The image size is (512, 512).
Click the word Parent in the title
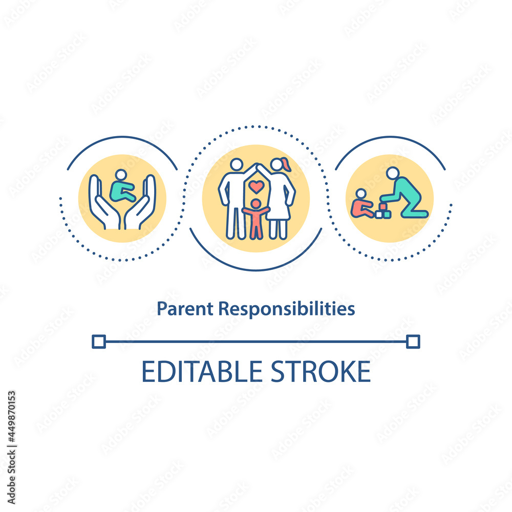pos(185,309)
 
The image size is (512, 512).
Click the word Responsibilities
pos(286,309)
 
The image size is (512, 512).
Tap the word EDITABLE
pos(202,372)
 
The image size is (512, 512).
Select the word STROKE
pos(321,372)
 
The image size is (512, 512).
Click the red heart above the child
pos(257,187)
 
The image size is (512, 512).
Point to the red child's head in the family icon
pos(257,204)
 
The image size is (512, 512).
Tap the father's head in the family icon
pos(237,164)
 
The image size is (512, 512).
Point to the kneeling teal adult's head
pos(393,173)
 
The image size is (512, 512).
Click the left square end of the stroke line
pos(99,342)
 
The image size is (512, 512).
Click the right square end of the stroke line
pos(413,342)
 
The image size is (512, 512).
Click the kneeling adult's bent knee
pos(404,214)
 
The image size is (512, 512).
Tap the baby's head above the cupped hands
pos(121,175)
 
